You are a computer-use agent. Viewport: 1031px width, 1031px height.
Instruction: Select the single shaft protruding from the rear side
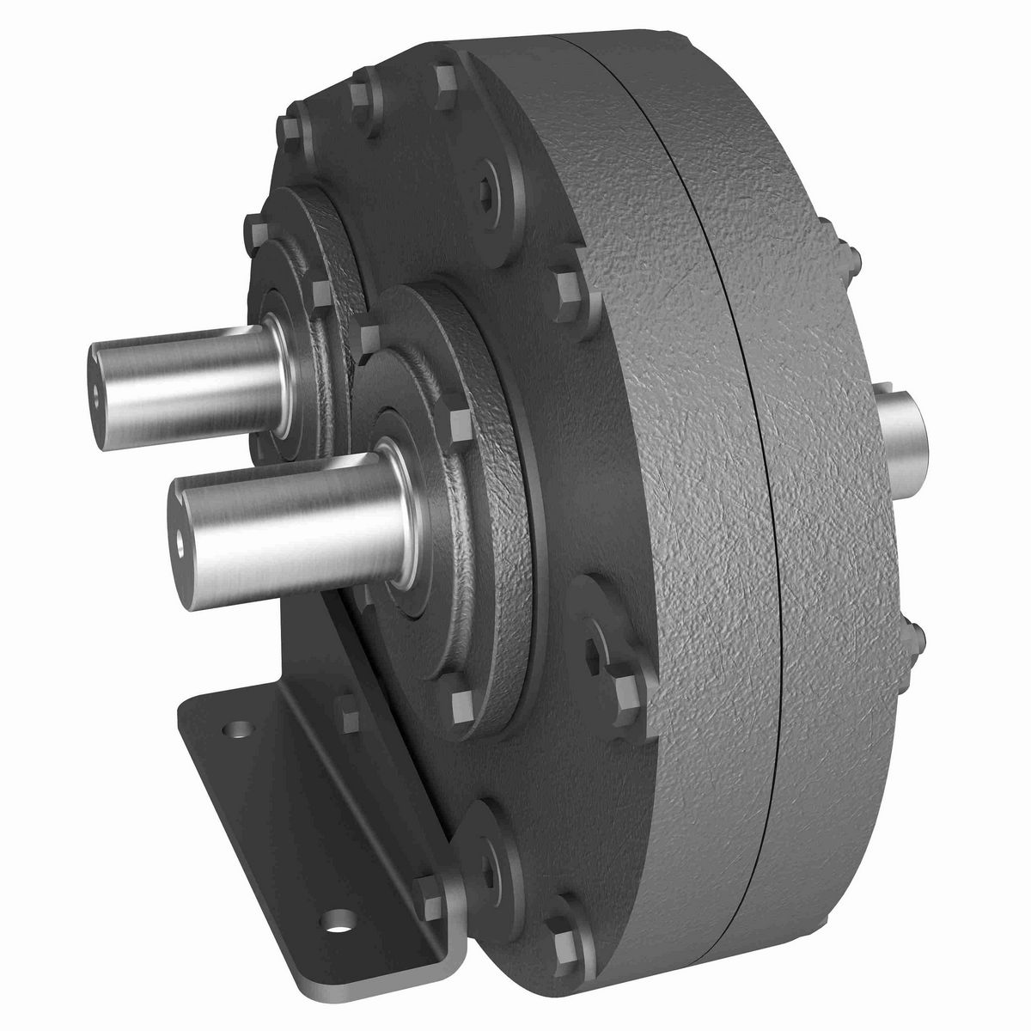coord(902,427)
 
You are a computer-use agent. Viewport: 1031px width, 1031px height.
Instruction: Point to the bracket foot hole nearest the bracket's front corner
coord(342,926)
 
